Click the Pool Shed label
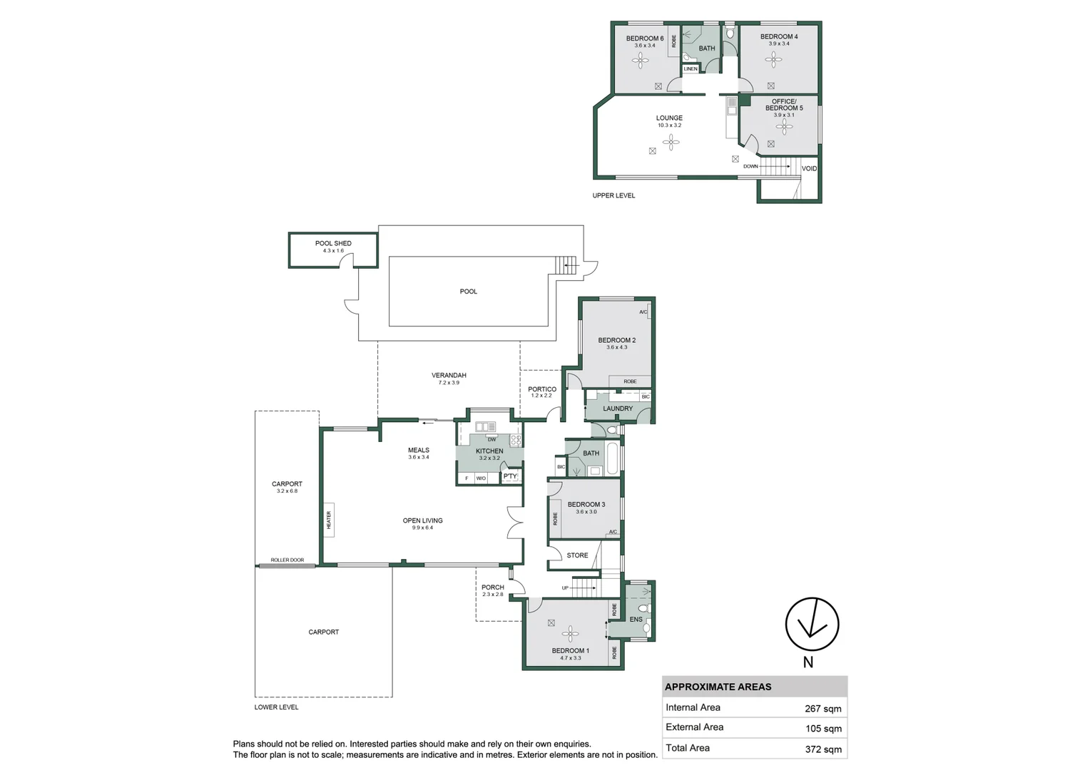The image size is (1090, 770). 333,243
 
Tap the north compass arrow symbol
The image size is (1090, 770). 812,624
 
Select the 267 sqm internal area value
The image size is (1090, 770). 822,709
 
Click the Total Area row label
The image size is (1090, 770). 688,748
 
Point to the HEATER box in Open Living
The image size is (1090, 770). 329,520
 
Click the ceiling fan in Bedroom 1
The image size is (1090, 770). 570,634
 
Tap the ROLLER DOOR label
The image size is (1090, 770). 287,560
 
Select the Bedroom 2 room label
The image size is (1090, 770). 616,340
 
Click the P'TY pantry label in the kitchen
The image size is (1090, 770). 510,476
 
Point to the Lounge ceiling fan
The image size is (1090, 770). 671,143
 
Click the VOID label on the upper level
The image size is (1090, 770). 809,169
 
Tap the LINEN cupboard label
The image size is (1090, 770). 691,69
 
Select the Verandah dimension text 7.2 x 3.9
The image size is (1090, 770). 449,383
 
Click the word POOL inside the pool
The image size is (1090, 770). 468,292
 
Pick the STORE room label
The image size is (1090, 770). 577,555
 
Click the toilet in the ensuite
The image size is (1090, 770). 643,609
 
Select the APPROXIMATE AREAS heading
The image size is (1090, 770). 718,687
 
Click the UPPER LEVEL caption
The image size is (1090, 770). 613,195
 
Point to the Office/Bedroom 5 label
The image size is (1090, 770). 784,105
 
